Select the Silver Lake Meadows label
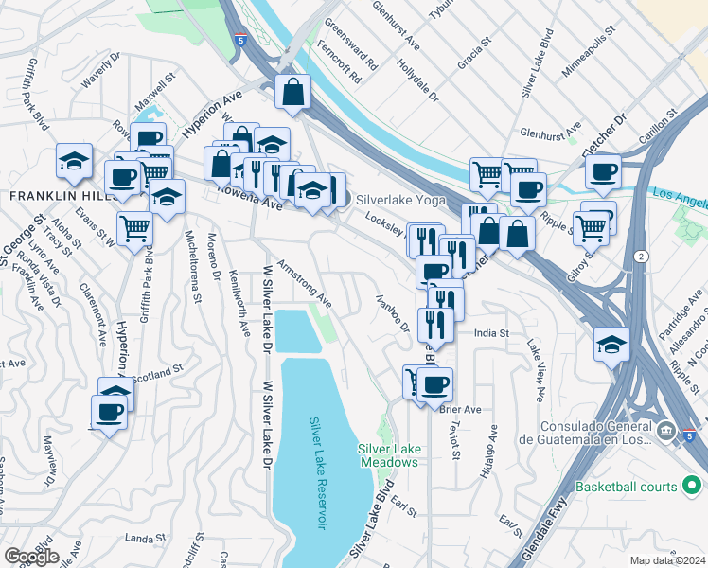[388, 455]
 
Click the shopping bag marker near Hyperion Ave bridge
[293, 93]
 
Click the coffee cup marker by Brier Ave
[435, 384]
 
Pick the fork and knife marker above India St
[435, 325]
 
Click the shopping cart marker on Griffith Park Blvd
[135, 227]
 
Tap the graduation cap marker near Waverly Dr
[73, 161]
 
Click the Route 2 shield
[643, 257]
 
